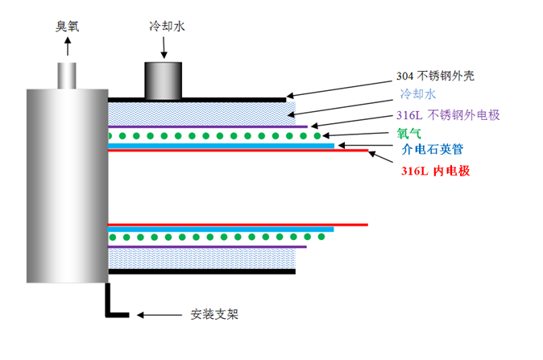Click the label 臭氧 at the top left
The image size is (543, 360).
[67, 26]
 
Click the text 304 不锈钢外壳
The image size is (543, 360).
[440, 77]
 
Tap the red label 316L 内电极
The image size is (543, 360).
[436, 171]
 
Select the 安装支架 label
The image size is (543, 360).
[215, 314]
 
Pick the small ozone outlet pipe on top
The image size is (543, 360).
[67, 74]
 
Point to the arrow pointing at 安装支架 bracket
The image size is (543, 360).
[158, 314]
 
